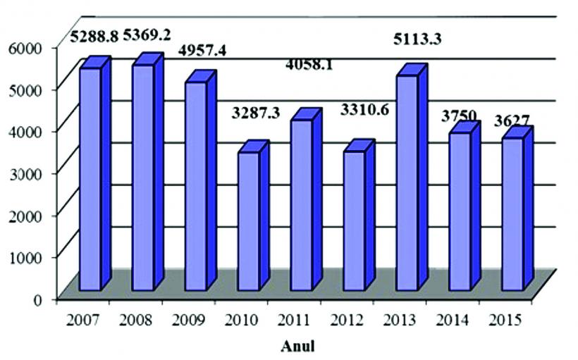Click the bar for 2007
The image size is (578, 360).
pos(90,179)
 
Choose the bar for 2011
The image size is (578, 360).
pos(301,204)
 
